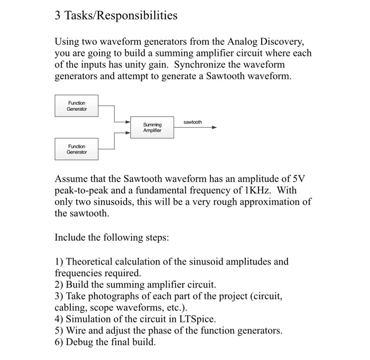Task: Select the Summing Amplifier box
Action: click(152, 127)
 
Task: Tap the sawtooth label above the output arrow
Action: click(192, 122)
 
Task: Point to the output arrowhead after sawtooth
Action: click(214, 127)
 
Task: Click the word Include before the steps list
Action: click(71, 238)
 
